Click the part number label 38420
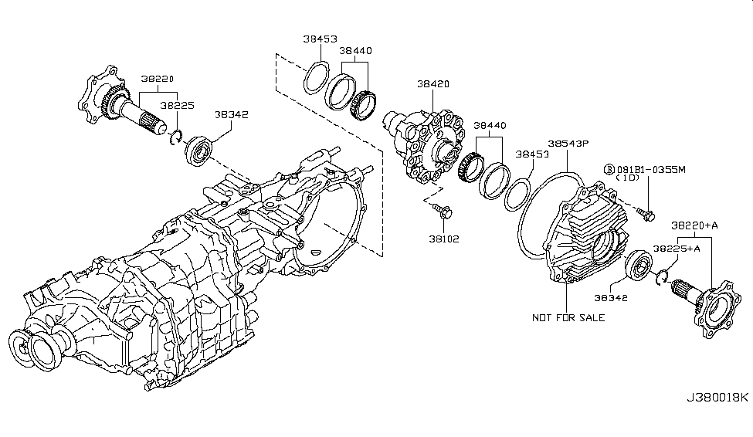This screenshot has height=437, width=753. pos(432,83)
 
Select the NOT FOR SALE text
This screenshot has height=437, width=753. pos(568,317)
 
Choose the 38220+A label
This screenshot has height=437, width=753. pos(694,225)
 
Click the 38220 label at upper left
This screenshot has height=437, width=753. pos(157,78)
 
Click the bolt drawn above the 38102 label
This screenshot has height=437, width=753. pos(443,208)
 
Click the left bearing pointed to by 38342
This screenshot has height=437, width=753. pos(197,148)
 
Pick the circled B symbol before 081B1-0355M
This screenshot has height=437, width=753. pos(609,168)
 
